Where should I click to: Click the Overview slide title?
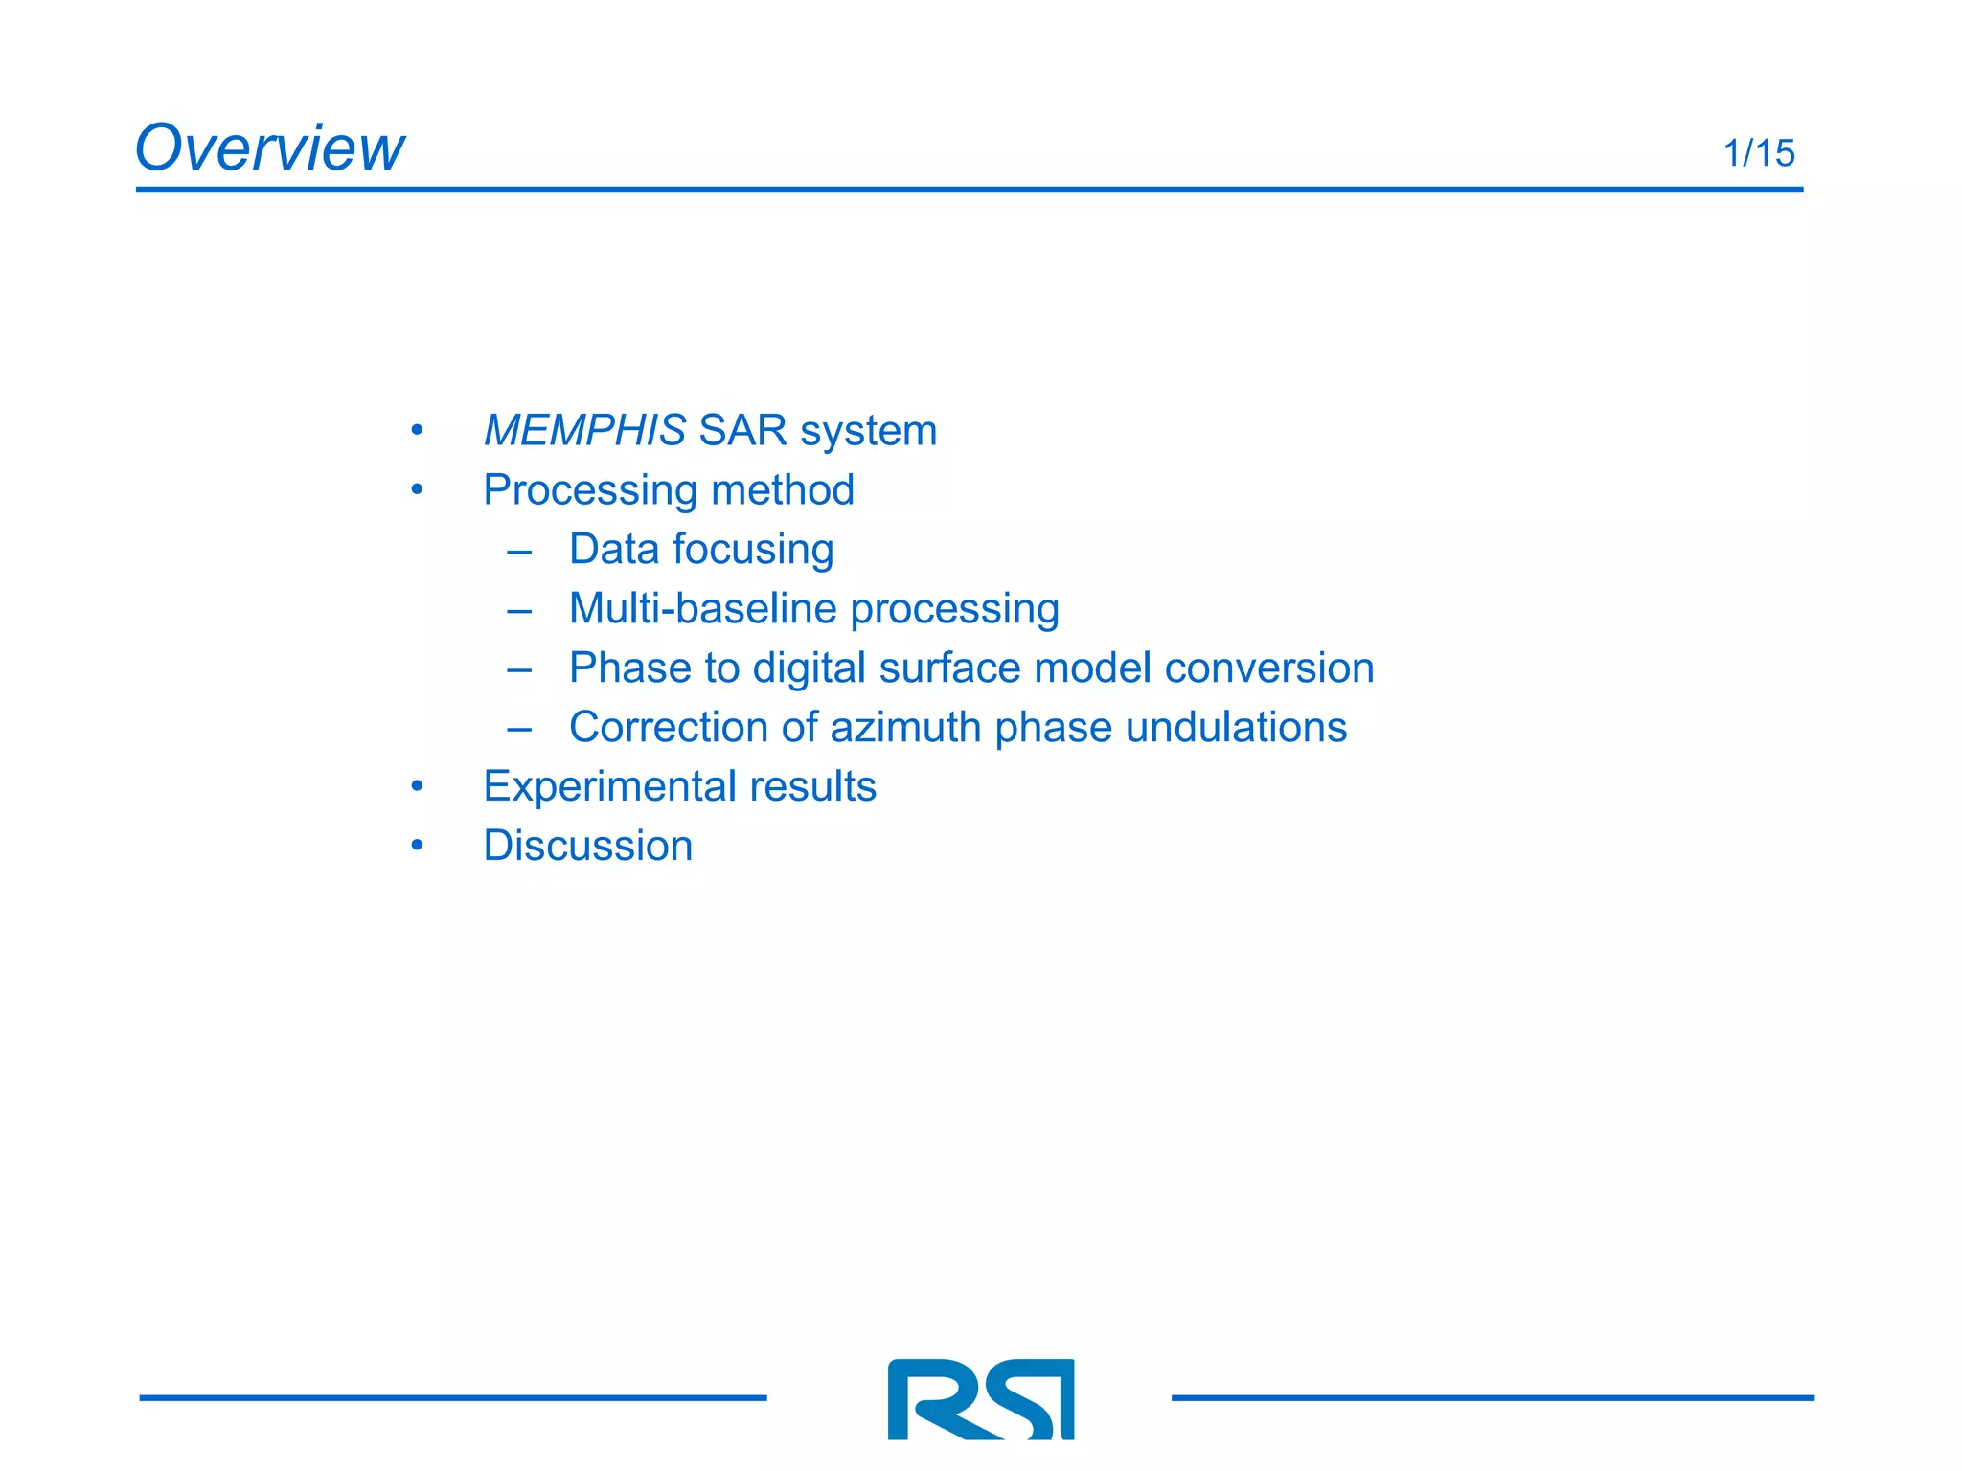(269, 148)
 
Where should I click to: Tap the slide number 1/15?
(1758, 153)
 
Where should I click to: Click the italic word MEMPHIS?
(584, 430)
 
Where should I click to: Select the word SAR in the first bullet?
(742, 430)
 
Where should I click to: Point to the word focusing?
(753, 550)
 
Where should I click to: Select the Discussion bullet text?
(587, 847)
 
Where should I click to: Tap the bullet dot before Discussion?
(417, 846)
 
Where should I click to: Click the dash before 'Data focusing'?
(519, 552)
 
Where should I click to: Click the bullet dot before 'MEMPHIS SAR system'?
(417, 431)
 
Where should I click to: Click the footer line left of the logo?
(452, 1398)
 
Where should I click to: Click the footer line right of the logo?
(1492, 1398)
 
